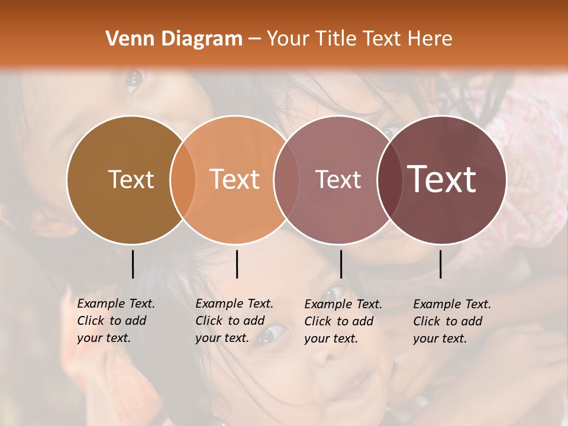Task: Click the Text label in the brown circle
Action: tap(131, 179)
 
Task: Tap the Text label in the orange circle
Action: tap(235, 179)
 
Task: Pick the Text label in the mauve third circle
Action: tap(338, 179)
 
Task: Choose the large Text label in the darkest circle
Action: tap(442, 179)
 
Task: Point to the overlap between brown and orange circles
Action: tap(183, 179)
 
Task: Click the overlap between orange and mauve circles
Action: tap(286, 179)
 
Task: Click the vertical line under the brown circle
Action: tap(133, 264)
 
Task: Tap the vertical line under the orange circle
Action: tap(237, 264)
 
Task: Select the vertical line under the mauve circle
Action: tap(341, 264)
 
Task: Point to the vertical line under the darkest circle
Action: tap(441, 264)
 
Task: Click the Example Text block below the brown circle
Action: tap(115, 321)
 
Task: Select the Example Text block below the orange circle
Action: tap(234, 321)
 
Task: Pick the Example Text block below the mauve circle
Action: tap(343, 321)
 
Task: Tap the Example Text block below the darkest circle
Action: tap(451, 321)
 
